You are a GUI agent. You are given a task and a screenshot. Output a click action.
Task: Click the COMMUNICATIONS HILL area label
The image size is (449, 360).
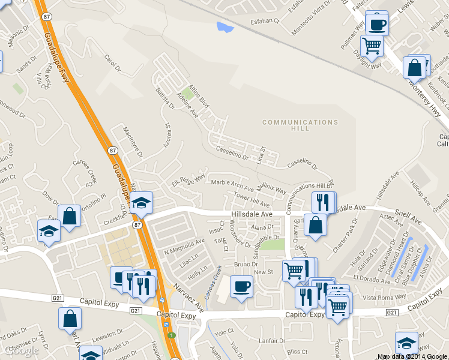click(x=300, y=125)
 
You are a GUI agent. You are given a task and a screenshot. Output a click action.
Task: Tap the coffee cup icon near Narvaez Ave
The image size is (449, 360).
click(x=241, y=286)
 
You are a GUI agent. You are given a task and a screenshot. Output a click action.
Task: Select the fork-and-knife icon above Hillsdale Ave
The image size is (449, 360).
click(x=323, y=202)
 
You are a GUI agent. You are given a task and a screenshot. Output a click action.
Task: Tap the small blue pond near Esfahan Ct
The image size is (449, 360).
click(x=226, y=27)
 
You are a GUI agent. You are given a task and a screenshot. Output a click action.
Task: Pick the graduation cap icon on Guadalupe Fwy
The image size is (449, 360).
click(x=142, y=203)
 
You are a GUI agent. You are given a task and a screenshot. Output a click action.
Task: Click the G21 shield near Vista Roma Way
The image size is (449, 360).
click(x=391, y=313)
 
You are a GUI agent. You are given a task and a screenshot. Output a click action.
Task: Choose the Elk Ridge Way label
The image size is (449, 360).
click(x=188, y=180)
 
